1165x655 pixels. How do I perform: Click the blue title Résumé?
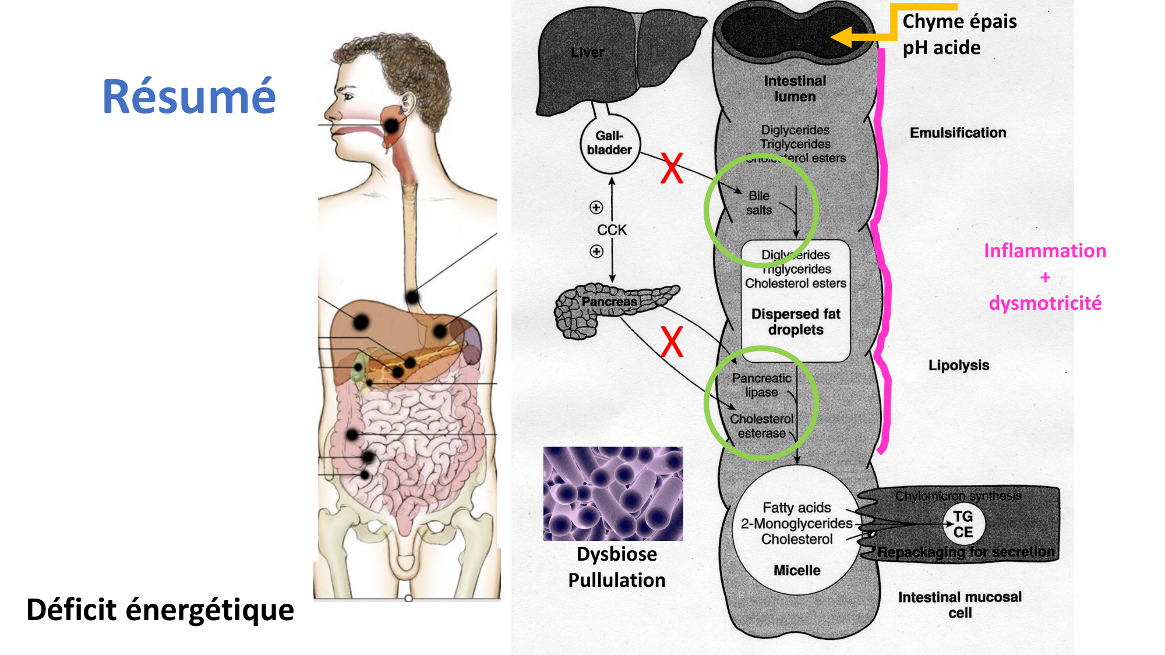point(189,97)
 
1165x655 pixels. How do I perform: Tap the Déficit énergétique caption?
point(160,610)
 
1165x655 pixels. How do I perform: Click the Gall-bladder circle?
point(610,143)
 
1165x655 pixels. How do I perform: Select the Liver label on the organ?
point(587,52)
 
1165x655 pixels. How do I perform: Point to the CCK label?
point(612,230)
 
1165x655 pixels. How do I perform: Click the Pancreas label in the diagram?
point(609,302)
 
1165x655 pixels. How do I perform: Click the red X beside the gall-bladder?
point(672,168)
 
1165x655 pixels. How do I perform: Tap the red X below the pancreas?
point(672,342)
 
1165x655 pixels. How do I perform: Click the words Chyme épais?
point(959,22)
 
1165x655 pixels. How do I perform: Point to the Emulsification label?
point(958,133)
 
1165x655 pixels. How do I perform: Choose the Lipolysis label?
point(959,365)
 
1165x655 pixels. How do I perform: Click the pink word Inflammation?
point(1045,251)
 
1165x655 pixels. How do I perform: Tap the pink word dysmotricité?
point(1045,303)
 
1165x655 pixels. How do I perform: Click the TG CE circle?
point(963,524)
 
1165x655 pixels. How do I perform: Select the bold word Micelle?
point(797,571)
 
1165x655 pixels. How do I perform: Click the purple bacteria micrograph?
point(613,494)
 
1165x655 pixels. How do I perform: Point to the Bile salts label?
point(759,203)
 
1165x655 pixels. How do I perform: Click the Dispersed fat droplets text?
point(796,322)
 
